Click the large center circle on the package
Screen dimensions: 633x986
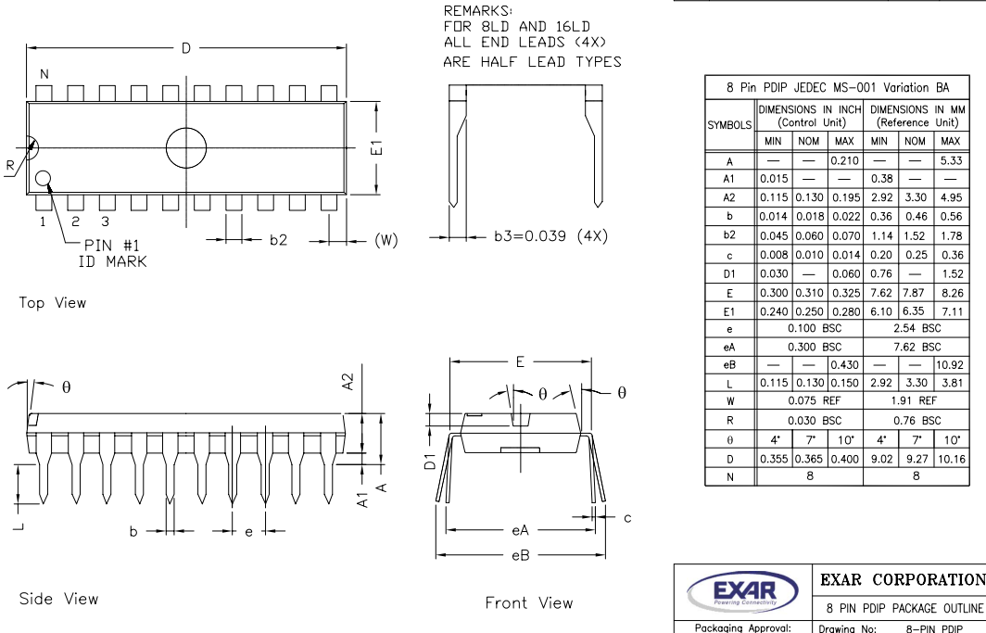click(x=185, y=147)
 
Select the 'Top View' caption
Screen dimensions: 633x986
click(x=53, y=302)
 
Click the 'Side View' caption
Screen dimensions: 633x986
click(x=58, y=599)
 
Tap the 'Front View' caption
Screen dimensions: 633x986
click(x=529, y=602)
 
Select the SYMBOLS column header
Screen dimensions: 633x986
click(x=732, y=123)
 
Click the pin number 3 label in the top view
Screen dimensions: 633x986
click(x=106, y=222)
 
